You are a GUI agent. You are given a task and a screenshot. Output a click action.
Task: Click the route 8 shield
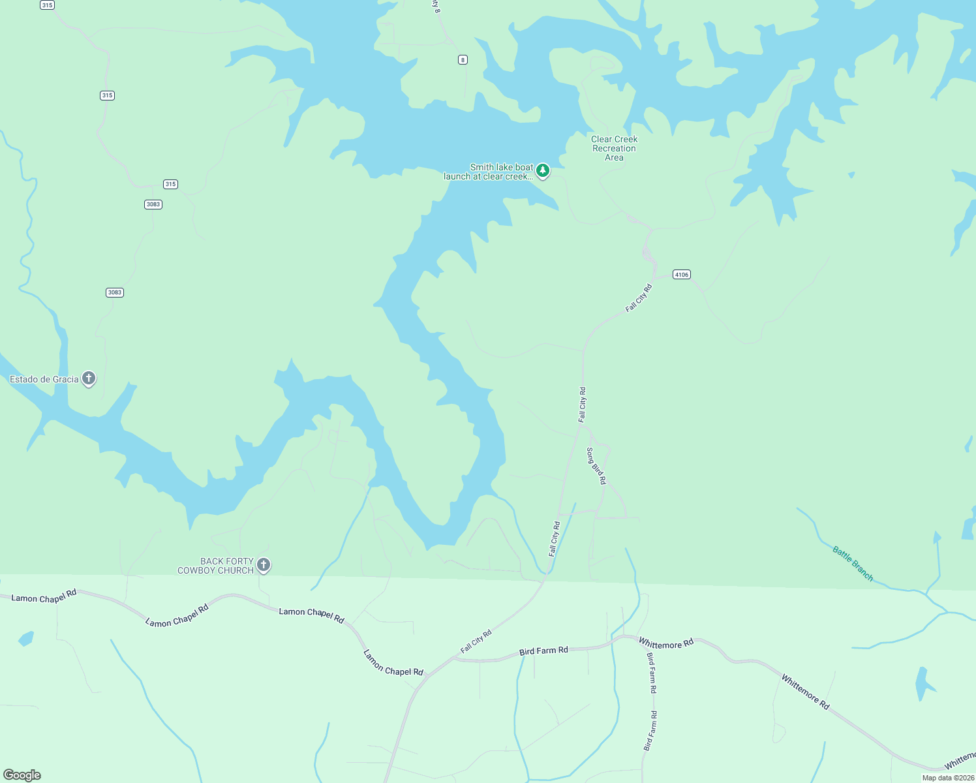click(463, 60)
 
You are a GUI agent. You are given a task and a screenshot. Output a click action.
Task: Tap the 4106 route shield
click(682, 275)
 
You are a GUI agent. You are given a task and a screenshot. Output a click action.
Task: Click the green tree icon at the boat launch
click(543, 171)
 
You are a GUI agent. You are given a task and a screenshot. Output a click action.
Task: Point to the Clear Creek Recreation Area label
click(614, 148)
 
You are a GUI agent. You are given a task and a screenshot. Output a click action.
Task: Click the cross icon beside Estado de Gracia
click(89, 378)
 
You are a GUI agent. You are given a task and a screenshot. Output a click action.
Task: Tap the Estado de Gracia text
click(44, 379)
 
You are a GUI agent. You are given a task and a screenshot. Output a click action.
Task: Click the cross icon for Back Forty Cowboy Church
click(264, 565)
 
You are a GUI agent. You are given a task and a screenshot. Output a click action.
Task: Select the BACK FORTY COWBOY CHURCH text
click(216, 566)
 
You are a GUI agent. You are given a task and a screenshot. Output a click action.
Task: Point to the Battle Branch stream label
click(853, 563)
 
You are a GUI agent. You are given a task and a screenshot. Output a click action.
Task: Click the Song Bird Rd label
click(596, 466)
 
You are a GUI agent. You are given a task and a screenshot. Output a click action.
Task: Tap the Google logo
click(22, 775)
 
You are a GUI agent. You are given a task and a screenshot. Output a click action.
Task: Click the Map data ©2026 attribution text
click(948, 778)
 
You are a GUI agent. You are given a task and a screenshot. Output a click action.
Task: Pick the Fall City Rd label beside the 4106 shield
click(639, 298)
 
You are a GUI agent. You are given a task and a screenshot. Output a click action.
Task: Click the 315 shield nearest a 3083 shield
click(170, 184)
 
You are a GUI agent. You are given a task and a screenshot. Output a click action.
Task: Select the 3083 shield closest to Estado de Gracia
click(115, 292)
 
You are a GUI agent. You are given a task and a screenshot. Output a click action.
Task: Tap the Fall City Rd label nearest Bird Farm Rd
click(476, 641)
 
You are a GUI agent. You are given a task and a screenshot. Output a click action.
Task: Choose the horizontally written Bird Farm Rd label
click(543, 651)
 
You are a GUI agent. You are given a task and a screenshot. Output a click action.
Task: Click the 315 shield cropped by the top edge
click(47, 5)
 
